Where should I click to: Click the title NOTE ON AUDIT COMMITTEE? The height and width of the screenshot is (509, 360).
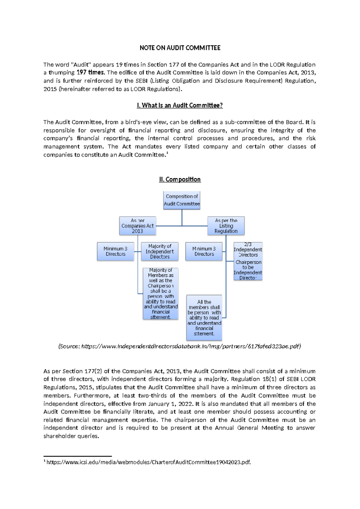click(180, 48)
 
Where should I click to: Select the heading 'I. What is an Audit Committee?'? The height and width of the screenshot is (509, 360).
click(179, 105)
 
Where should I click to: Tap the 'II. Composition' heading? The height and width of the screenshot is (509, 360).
click(180, 179)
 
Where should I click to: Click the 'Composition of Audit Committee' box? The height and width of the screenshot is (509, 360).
click(182, 200)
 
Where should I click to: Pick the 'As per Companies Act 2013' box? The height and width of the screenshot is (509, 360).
click(137, 226)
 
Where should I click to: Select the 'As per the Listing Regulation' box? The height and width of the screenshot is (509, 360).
click(226, 226)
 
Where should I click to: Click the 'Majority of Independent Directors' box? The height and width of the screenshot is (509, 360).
click(160, 251)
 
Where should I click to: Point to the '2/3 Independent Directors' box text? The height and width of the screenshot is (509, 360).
click(248, 250)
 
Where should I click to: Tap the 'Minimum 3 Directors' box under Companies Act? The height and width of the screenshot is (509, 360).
click(115, 251)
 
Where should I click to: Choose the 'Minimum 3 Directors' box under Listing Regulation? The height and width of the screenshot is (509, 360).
click(204, 251)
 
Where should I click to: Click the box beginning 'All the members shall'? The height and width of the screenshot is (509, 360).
click(204, 318)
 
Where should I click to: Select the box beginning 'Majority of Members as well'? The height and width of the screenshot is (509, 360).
click(160, 294)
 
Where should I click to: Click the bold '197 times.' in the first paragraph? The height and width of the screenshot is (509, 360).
click(90, 73)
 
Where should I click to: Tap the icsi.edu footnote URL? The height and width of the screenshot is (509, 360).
click(148, 462)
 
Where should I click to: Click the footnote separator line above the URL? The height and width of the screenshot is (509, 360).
click(77, 456)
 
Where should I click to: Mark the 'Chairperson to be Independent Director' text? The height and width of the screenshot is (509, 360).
click(248, 270)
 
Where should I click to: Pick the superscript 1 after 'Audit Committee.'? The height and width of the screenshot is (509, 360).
click(167, 153)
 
